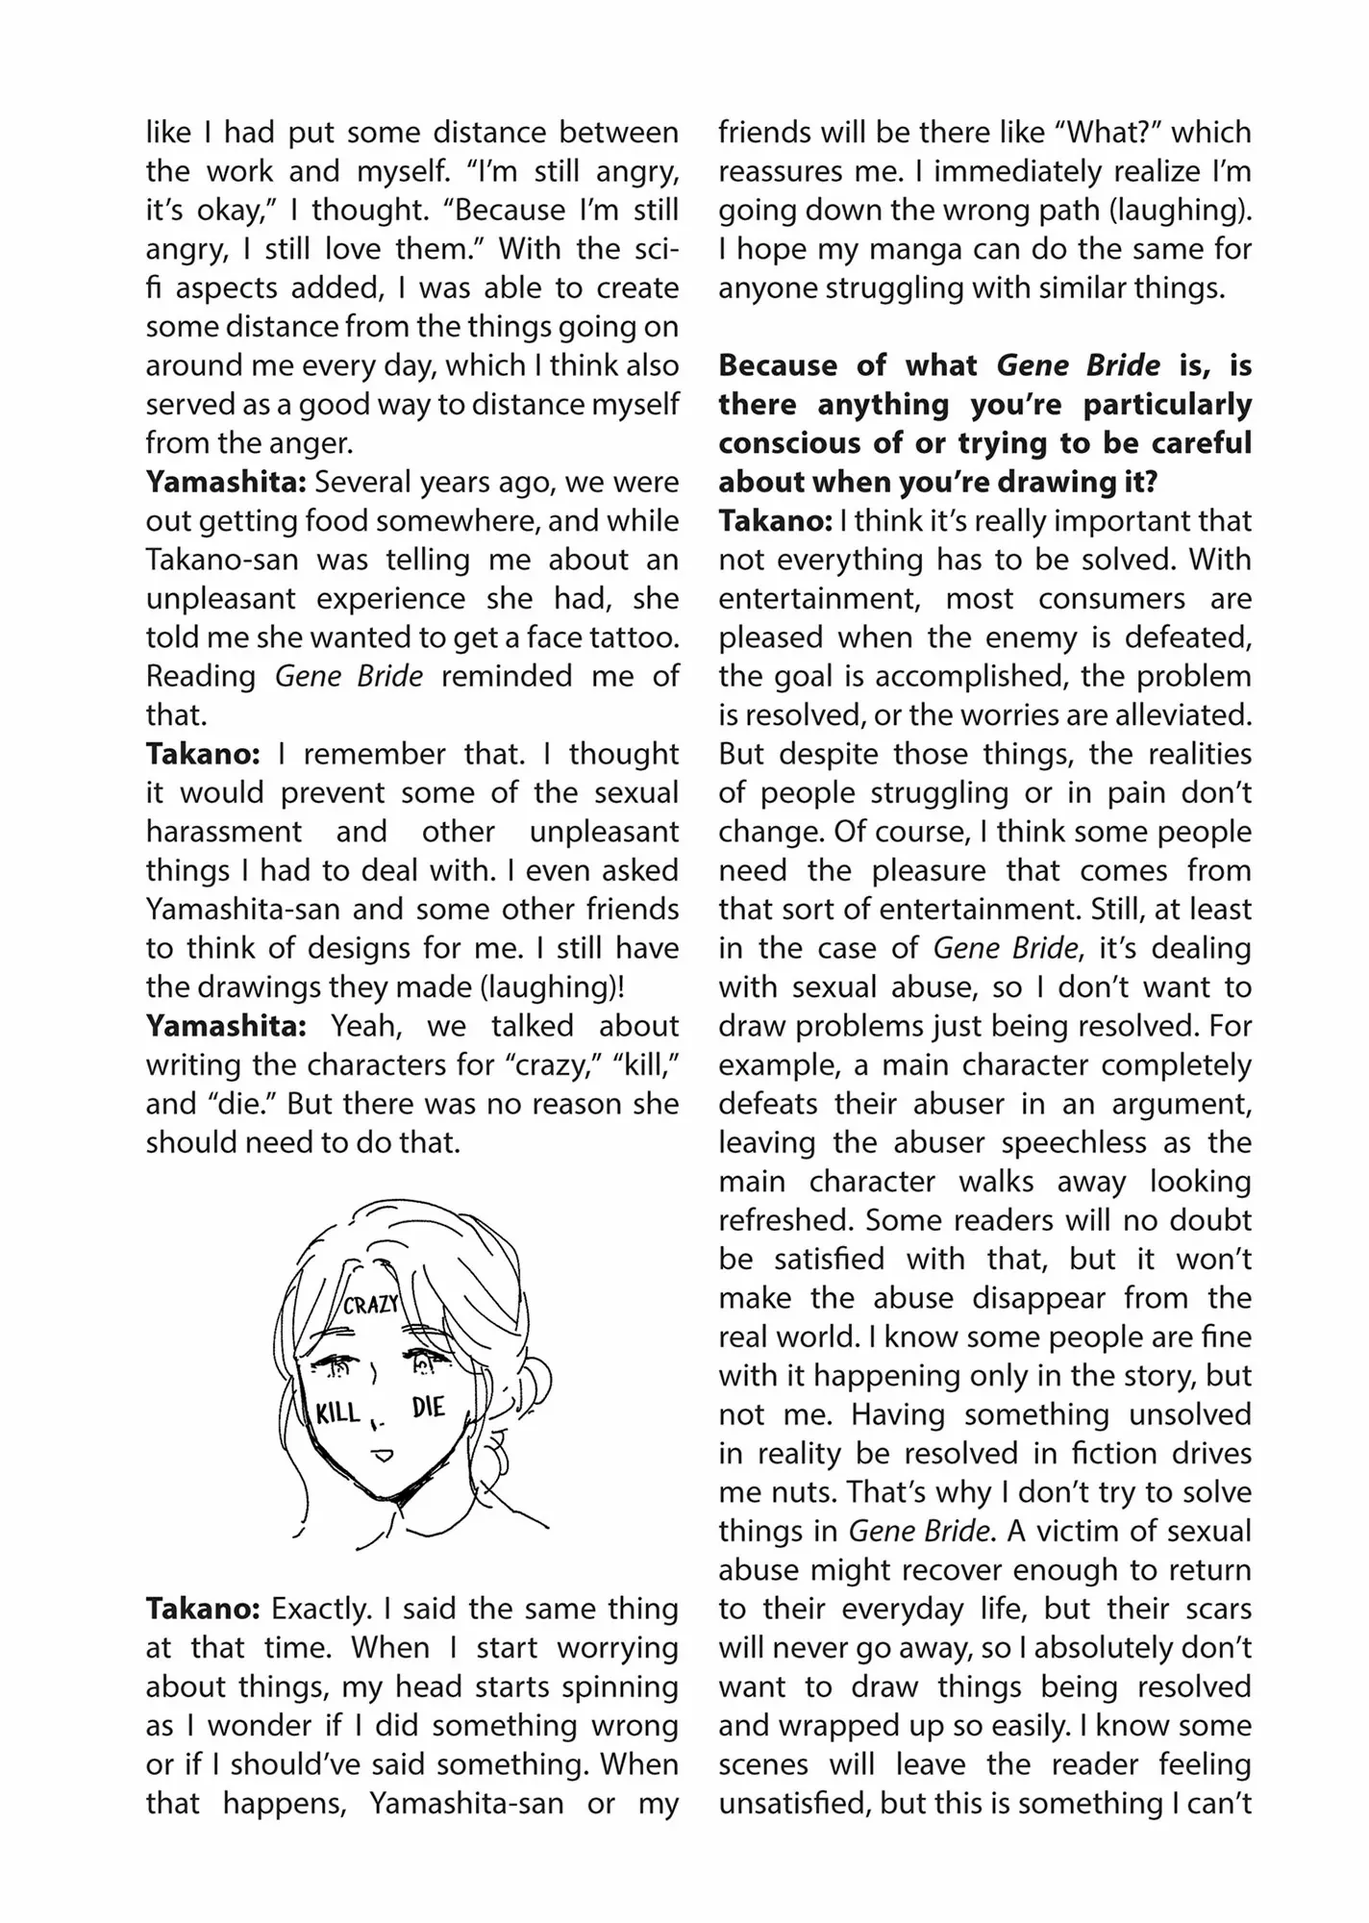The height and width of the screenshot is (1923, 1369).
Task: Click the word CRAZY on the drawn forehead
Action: (x=370, y=1305)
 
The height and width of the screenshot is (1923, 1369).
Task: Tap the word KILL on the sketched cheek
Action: (x=338, y=1412)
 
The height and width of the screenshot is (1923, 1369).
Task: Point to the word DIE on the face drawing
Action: (x=428, y=1408)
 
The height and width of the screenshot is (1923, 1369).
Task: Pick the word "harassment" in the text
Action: (x=223, y=832)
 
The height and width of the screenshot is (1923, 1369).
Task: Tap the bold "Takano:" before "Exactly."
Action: (x=202, y=1609)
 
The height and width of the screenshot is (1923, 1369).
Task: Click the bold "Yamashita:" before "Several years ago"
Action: (x=225, y=482)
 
